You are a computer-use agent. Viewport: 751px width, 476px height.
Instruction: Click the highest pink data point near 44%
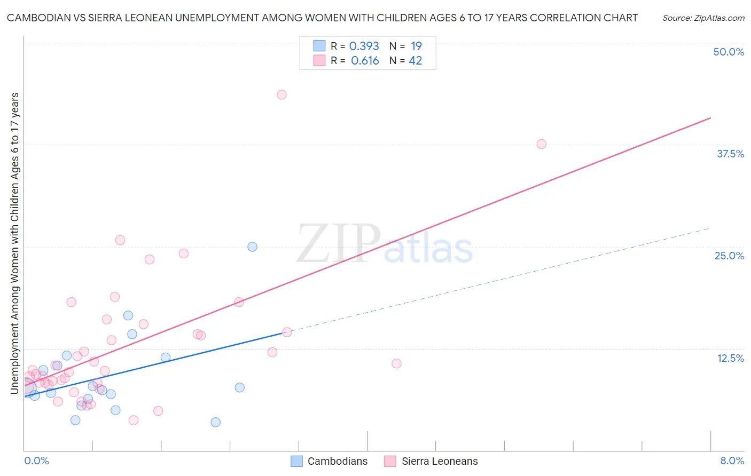tap(281, 94)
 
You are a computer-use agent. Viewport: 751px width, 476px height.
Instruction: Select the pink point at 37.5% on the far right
tap(541, 144)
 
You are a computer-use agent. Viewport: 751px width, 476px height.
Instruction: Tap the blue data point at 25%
tap(252, 247)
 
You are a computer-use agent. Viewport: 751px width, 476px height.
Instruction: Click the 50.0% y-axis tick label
tap(729, 52)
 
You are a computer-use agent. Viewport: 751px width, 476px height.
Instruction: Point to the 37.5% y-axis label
tap(730, 154)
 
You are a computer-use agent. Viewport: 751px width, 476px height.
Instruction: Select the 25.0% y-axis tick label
tap(729, 256)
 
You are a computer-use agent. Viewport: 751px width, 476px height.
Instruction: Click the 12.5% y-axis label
tap(730, 358)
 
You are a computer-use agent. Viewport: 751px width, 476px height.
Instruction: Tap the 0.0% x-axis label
tap(36, 461)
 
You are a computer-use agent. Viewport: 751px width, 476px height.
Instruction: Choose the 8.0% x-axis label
tap(732, 461)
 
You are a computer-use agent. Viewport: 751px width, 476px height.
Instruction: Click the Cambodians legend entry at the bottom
tap(337, 461)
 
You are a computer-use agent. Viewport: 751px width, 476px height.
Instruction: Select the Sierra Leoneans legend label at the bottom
tap(439, 461)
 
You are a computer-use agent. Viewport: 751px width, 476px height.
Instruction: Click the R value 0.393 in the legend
tap(364, 46)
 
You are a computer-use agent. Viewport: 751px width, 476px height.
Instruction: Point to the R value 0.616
tap(365, 61)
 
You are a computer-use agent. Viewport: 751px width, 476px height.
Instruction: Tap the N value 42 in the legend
tap(416, 61)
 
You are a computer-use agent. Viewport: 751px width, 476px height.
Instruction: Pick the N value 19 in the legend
tap(416, 46)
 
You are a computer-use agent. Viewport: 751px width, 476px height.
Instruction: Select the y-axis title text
tap(15, 243)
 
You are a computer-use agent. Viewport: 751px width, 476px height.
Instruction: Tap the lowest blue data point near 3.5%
tap(215, 422)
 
